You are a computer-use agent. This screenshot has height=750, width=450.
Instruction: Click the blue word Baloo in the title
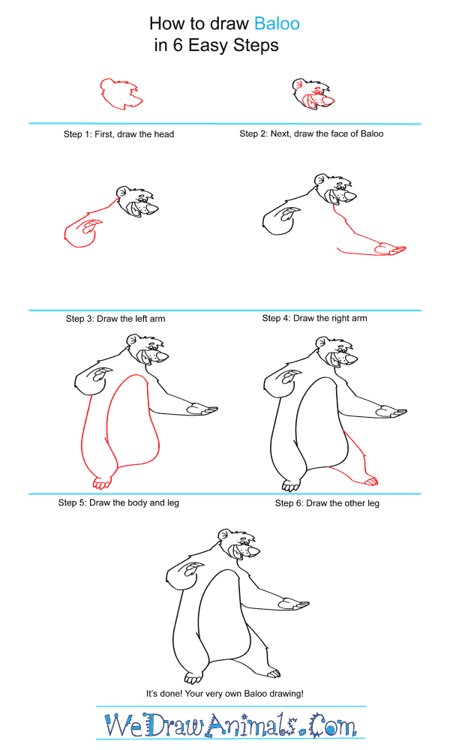click(277, 23)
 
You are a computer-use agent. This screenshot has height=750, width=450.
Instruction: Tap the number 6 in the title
click(178, 46)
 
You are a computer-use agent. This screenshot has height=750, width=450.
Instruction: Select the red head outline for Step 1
click(121, 94)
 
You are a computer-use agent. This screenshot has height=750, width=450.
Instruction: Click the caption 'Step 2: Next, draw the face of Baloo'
click(311, 134)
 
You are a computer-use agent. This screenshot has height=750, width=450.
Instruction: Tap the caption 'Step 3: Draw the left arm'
click(115, 319)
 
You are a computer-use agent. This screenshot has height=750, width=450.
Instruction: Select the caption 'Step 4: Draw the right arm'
click(315, 318)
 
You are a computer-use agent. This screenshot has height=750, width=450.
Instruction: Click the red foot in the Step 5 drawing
click(101, 483)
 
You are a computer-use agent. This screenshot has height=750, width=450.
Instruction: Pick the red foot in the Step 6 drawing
click(371, 480)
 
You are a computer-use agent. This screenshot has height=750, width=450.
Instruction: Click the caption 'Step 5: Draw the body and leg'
click(118, 502)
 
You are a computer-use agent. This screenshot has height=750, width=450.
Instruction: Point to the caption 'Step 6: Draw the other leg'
click(327, 503)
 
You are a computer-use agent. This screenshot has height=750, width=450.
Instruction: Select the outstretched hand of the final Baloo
click(293, 604)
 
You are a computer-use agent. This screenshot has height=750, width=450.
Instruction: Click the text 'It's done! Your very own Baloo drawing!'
click(225, 694)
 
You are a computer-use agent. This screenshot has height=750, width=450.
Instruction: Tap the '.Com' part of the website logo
click(331, 725)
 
